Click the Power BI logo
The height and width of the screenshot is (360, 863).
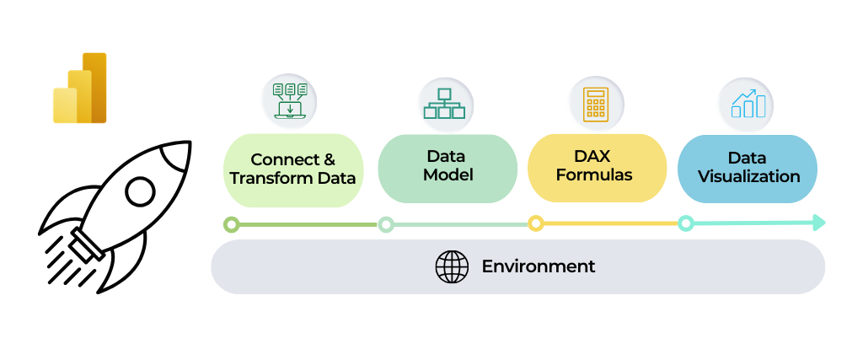tap(80, 88)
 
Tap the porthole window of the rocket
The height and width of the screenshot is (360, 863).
tap(140, 192)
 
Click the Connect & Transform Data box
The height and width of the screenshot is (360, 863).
tap(292, 170)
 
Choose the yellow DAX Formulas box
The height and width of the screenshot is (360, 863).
tap(596, 167)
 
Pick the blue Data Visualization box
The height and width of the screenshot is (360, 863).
tap(747, 168)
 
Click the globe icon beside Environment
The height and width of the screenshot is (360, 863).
tap(452, 266)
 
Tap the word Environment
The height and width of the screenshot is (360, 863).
tap(539, 266)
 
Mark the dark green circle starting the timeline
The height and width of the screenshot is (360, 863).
tap(232, 224)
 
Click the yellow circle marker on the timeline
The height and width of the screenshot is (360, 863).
tap(535, 223)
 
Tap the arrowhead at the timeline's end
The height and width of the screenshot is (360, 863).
tap(817, 223)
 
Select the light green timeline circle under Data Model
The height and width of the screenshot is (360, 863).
tap(386, 224)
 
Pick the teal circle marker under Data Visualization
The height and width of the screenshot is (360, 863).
tap(686, 223)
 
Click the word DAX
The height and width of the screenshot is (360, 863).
tap(596, 158)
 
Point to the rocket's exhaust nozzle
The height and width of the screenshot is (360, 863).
tap(87, 244)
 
